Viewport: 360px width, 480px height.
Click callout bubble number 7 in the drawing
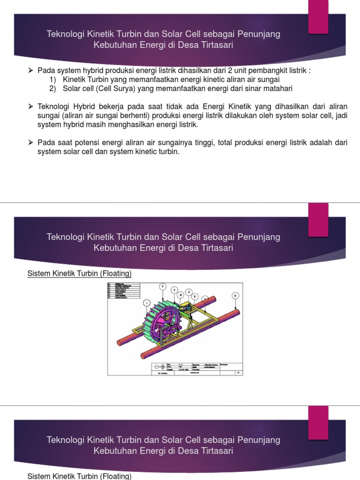tap(163, 286)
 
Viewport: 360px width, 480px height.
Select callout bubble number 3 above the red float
tap(235, 295)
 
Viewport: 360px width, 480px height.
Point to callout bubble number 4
tap(174, 290)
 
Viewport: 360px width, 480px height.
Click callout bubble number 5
tap(189, 292)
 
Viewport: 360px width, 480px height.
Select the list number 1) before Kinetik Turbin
tap(53, 80)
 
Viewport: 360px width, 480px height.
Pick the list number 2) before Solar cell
tap(53, 89)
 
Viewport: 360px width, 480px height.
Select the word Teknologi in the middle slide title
tap(66, 237)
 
